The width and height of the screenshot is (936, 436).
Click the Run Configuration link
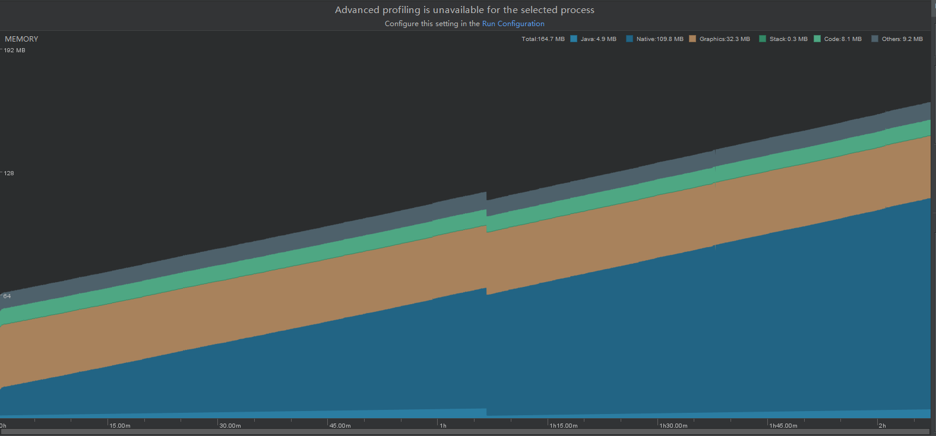[x=513, y=24]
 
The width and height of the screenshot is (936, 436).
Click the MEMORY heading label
[x=21, y=39]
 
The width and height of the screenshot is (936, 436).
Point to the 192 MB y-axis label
[x=15, y=50]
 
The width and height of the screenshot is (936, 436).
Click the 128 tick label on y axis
[x=9, y=173]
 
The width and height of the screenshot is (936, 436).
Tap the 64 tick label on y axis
[x=7, y=296]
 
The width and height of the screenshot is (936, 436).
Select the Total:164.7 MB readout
[x=543, y=39]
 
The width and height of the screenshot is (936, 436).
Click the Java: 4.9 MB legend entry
[x=594, y=39]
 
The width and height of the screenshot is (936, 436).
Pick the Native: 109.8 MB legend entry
[x=655, y=39]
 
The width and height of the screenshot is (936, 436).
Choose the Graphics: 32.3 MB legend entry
[x=720, y=39]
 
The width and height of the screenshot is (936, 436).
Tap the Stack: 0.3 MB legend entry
[x=784, y=39]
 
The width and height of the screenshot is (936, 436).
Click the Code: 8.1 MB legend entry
[x=838, y=39]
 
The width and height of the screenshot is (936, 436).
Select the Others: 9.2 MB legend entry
[x=897, y=39]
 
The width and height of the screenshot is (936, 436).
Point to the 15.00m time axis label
[x=120, y=426]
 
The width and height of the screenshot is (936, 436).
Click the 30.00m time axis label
[x=230, y=426]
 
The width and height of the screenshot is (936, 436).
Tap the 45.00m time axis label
[x=340, y=426]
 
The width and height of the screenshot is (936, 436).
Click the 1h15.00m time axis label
[x=564, y=426]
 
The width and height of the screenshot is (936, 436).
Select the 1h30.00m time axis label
[x=673, y=426]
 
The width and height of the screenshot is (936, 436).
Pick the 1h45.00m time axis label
[x=783, y=426]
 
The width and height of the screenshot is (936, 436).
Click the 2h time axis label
[x=883, y=426]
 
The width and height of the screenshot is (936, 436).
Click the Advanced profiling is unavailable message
[x=464, y=10]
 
